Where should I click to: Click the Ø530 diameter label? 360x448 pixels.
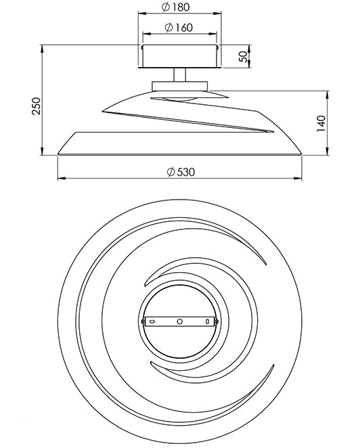[x=180, y=171]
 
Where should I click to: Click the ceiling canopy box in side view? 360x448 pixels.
[x=179, y=56]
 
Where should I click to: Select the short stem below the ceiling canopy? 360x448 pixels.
[x=180, y=74]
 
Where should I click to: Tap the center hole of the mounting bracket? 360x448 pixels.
[x=179, y=321]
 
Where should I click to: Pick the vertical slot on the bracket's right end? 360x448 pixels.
[x=208, y=321]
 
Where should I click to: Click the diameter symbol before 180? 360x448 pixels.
[x=167, y=8]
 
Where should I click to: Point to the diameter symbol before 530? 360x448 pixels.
[x=170, y=171]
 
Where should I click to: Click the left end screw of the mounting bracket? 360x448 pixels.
[x=142, y=321]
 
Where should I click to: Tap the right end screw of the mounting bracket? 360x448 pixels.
[x=217, y=321]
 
